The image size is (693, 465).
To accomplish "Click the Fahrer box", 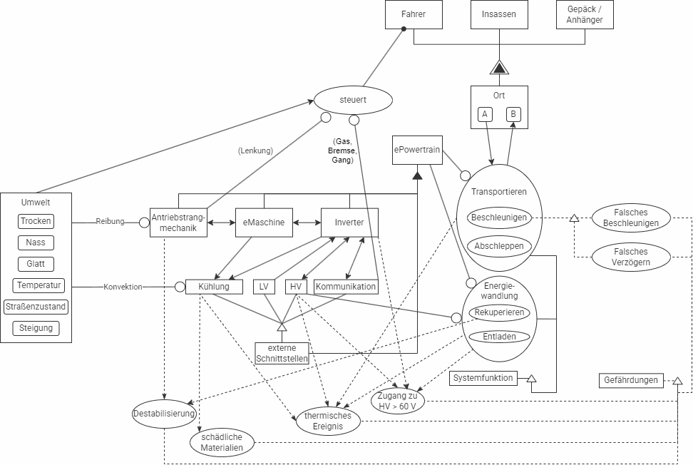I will tap(414, 14).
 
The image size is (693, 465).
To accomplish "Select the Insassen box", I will tap(499, 14).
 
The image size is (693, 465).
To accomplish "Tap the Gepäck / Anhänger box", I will tap(585, 14).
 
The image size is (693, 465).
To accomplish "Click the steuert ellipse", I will tap(353, 100).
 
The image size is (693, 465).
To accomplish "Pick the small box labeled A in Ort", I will tap(485, 114).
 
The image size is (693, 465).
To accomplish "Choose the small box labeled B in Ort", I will tap(513, 114).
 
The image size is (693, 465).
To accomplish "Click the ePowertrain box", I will tap(417, 150).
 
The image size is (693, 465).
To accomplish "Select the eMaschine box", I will tap(264, 223).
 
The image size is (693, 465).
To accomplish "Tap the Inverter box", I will tap(349, 223).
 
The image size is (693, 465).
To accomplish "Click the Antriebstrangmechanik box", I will tap(178, 223).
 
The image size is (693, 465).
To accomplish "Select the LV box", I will tap(264, 287).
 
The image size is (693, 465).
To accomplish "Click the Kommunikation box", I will tap(345, 287).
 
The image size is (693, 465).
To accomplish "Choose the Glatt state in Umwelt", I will tap(36, 264).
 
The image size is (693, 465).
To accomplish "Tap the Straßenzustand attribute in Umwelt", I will tap(36, 307).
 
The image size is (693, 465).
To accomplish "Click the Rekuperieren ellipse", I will tap(500, 312).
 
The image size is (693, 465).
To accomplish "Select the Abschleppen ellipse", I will tap(500, 246).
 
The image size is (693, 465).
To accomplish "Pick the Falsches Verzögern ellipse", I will tap(630, 257).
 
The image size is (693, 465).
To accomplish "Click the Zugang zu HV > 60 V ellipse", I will tap(398, 401).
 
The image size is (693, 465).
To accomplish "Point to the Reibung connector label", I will tap(110, 222).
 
